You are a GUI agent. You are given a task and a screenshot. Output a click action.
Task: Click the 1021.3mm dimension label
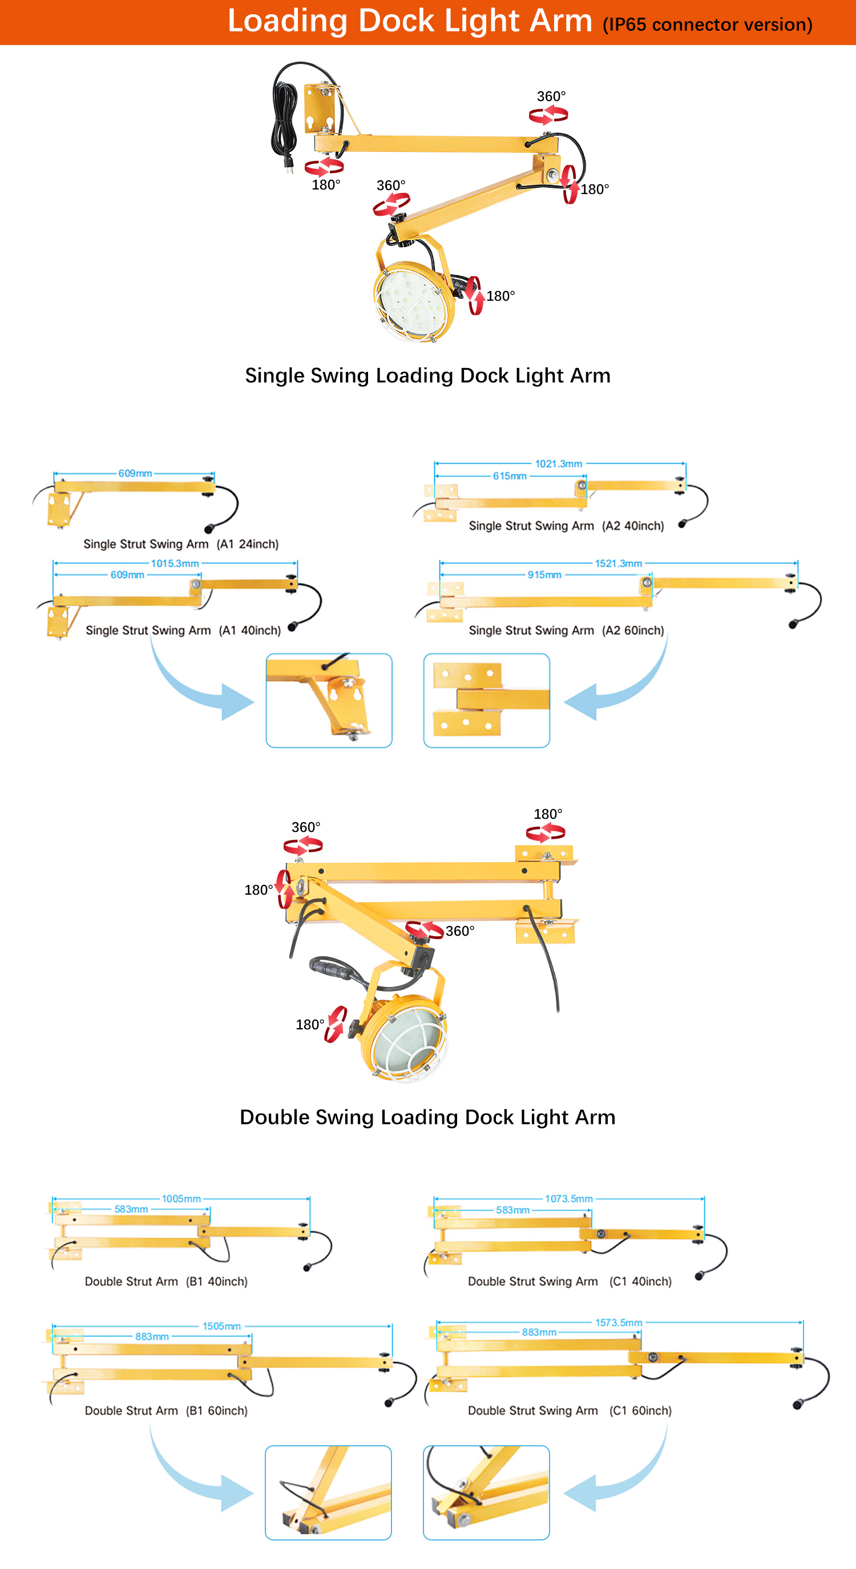pyautogui.click(x=558, y=464)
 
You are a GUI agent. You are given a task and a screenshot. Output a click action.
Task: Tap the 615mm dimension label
pyautogui.click(x=510, y=476)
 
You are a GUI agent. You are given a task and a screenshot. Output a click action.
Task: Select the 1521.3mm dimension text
pyautogui.click(x=619, y=563)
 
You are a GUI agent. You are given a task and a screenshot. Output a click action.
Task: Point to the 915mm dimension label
pyautogui.click(x=544, y=575)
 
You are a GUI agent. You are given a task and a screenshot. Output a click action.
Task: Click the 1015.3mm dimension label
pyautogui.click(x=175, y=563)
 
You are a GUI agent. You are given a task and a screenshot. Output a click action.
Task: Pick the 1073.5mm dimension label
pyautogui.click(x=568, y=1199)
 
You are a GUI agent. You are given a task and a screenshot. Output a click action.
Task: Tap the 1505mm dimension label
pyautogui.click(x=222, y=1326)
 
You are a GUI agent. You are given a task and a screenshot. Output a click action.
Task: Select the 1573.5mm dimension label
pyautogui.click(x=619, y=1323)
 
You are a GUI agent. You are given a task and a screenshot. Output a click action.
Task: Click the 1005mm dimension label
pyautogui.click(x=181, y=1199)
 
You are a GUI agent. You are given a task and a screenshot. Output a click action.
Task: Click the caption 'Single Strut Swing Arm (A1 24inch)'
pyautogui.click(x=181, y=544)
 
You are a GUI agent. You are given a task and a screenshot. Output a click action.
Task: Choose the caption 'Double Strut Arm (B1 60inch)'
pyautogui.click(x=166, y=1410)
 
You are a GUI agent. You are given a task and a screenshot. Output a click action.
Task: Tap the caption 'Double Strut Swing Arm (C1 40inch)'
pyautogui.click(x=570, y=1281)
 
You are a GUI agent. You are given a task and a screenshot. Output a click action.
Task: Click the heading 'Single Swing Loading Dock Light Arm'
pyautogui.click(x=427, y=376)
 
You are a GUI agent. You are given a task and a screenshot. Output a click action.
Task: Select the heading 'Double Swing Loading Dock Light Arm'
pyautogui.click(x=427, y=1117)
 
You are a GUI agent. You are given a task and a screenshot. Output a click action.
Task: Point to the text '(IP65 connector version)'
pyautogui.click(x=708, y=25)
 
